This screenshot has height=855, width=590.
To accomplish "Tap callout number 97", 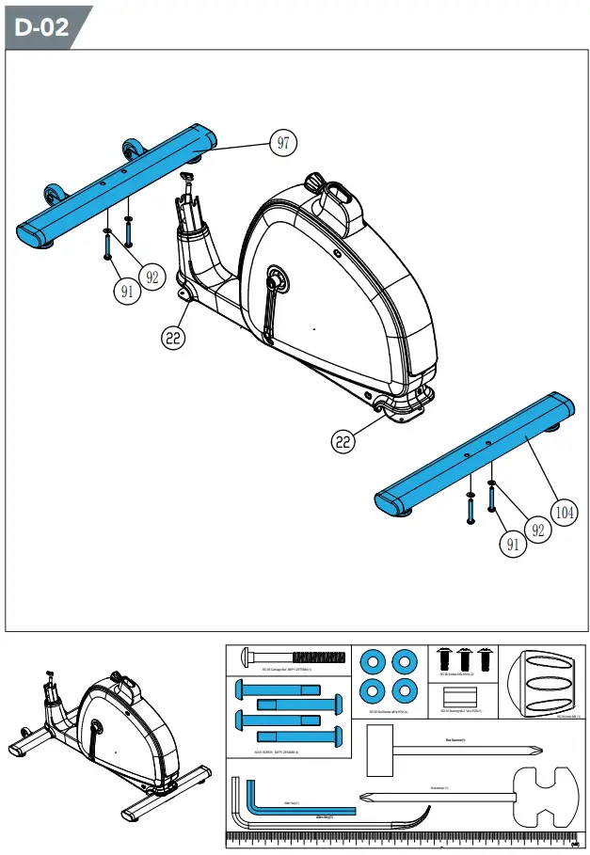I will (x=283, y=143).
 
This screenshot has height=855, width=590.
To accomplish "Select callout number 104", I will (x=564, y=512).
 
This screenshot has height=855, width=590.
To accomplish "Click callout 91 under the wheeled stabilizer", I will (x=128, y=291).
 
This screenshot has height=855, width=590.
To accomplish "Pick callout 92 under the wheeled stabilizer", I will (x=152, y=277).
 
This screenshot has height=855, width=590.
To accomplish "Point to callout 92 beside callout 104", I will (x=538, y=530).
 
